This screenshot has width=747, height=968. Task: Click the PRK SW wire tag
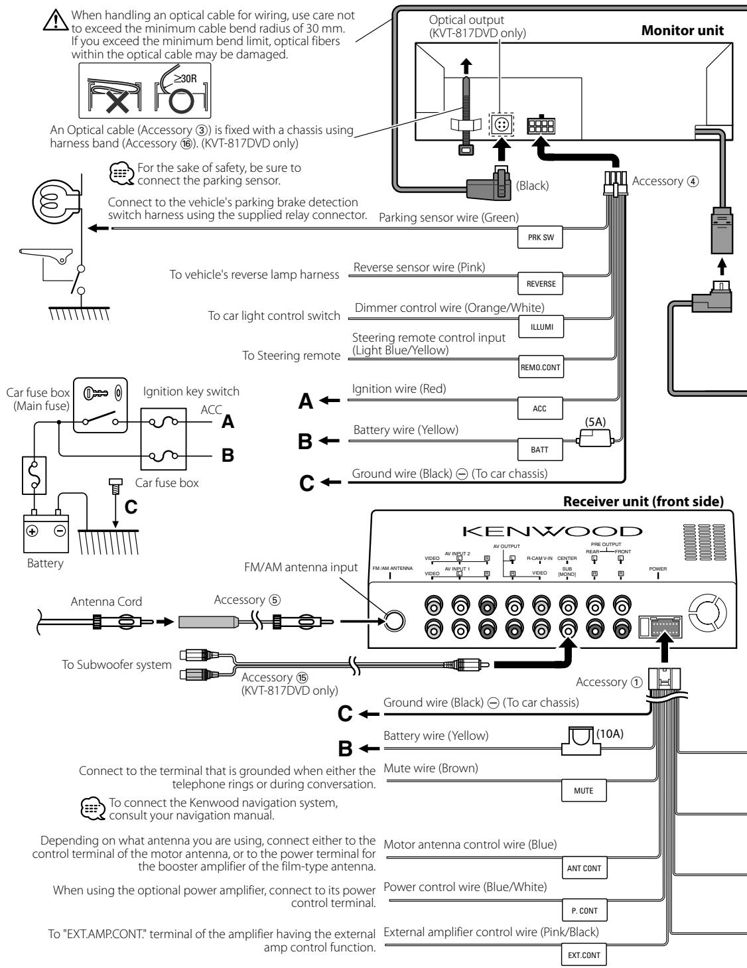540,237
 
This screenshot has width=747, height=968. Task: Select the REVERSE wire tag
540,284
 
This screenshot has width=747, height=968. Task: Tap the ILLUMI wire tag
541,327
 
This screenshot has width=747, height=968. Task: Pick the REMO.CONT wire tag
541,367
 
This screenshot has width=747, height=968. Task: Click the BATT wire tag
540,449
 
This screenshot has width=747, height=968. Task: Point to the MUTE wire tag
584,791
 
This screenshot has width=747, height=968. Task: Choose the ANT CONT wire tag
584,868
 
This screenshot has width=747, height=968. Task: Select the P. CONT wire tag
584,910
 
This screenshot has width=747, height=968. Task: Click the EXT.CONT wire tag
584,955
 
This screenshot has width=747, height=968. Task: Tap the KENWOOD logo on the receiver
553,531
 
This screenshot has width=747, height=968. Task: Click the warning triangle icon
56,20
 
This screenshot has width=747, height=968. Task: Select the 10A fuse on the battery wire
580,741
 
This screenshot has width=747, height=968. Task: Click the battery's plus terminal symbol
32,531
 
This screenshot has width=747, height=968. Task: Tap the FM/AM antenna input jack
394,621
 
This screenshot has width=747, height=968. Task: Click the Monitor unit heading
683,31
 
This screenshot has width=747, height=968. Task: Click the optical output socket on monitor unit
502,124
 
